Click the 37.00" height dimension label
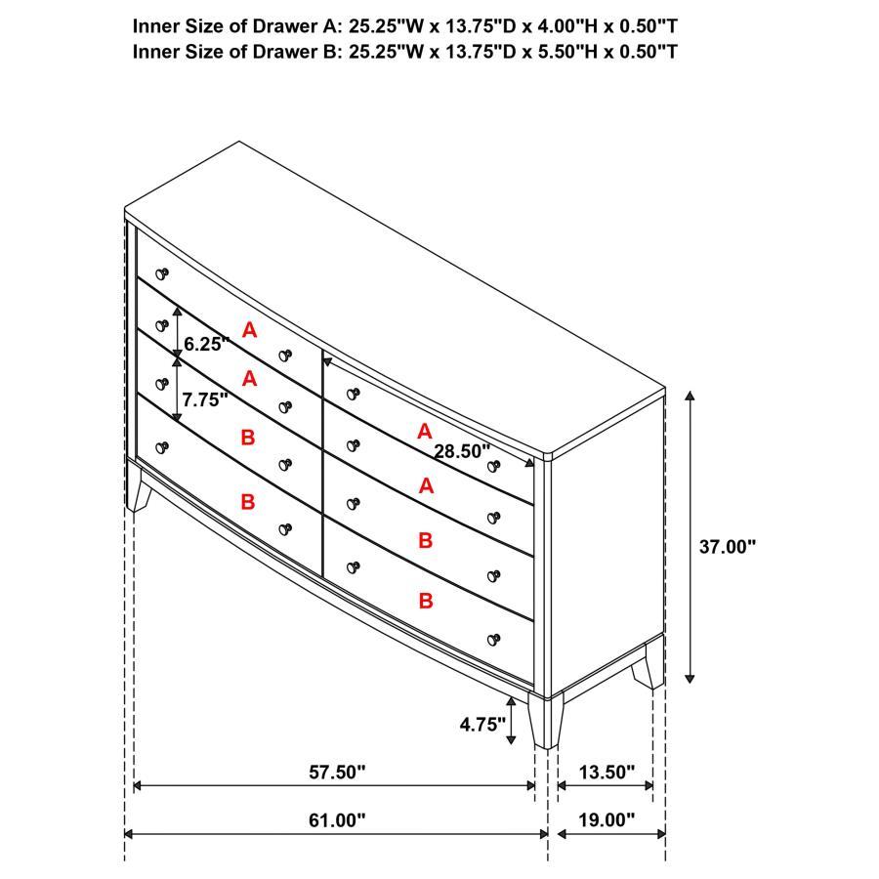pos(728,547)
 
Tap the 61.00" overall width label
pos(337,820)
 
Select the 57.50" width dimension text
pos(337,773)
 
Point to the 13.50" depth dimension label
pos(606,773)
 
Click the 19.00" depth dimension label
pos(606,820)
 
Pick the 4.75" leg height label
pos(482,724)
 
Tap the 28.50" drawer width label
pos(462,450)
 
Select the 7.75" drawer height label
pos(205,398)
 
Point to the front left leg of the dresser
pos(139,487)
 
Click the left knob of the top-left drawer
pos(162,274)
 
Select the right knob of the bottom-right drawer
pos(493,640)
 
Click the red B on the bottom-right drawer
pos(426,601)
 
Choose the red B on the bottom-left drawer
pos(248,501)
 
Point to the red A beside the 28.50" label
pos(424,431)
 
